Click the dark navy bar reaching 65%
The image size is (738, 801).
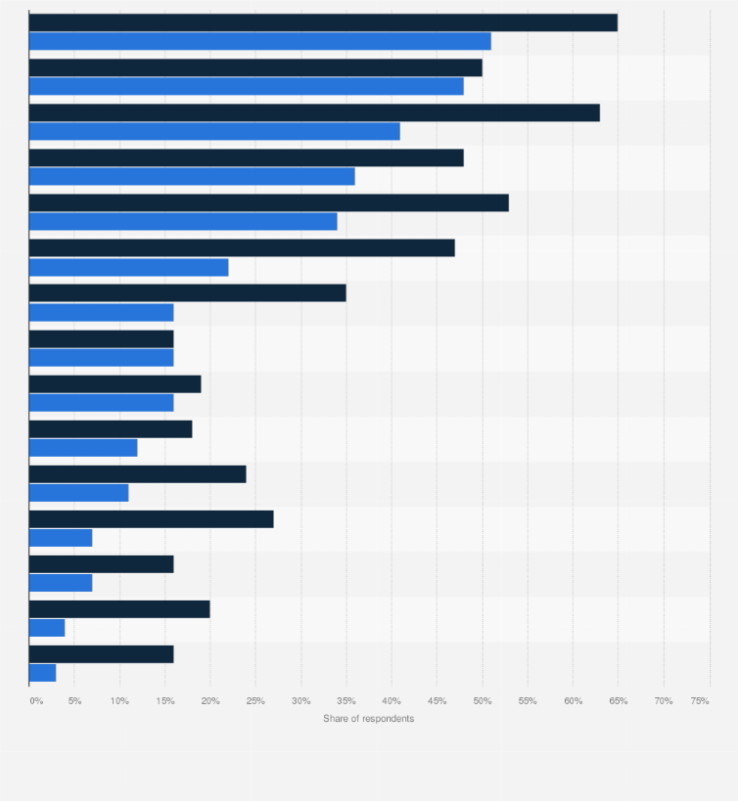323,22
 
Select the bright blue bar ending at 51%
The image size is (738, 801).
259,41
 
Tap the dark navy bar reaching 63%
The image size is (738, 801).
314,112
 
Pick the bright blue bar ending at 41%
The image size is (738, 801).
214,131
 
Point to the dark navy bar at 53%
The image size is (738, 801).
269,202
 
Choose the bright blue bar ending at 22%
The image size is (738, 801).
128,267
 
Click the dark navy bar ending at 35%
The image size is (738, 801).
187,292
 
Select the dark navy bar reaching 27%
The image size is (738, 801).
151,519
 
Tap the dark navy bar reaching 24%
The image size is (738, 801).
137,474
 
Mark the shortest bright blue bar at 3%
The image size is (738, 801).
42,673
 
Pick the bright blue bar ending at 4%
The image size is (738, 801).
47,628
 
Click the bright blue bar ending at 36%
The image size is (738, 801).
192,176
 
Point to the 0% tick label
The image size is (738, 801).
36,701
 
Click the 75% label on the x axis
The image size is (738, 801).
700,701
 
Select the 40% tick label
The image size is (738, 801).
392,701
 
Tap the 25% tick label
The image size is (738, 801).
255,701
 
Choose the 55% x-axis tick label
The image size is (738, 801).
528,701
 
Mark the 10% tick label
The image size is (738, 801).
119,701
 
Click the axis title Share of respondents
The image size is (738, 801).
368,719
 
